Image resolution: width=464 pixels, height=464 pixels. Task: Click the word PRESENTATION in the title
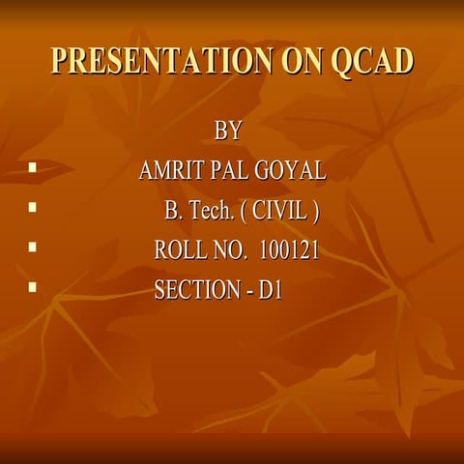pyautogui.click(x=154, y=61)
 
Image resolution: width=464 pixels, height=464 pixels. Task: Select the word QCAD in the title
pyautogui.click(x=372, y=61)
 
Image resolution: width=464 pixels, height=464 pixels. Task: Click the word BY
pyautogui.click(x=228, y=130)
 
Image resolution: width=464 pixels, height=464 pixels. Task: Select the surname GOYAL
pyautogui.click(x=291, y=171)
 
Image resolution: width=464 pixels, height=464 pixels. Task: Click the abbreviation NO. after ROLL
pyautogui.click(x=230, y=251)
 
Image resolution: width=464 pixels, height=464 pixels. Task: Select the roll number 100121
pyautogui.click(x=289, y=251)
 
